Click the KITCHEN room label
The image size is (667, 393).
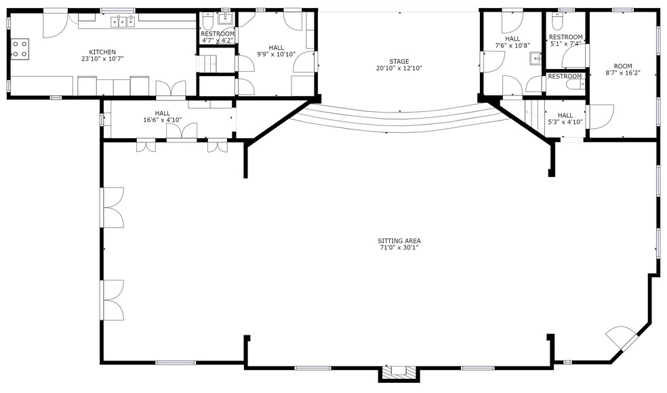click(103, 52)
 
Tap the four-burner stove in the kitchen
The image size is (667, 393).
click(20, 48)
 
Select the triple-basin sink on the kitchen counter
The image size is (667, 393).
click(123, 22)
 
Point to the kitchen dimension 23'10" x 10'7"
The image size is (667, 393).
click(103, 59)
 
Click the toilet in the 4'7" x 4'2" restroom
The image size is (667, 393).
click(207, 20)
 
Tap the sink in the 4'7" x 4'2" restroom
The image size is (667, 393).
click(225, 18)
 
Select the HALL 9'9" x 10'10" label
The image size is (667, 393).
click(276, 47)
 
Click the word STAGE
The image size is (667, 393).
click(399, 62)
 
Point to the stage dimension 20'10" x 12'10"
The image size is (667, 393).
click(399, 68)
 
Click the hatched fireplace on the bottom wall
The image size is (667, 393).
click(399, 371)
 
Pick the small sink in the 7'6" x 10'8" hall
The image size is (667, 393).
click(535, 58)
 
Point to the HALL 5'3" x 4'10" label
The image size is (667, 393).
click(565, 115)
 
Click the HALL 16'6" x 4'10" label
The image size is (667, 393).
click(163, 113)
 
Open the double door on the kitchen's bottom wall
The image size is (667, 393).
click(171, 89)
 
